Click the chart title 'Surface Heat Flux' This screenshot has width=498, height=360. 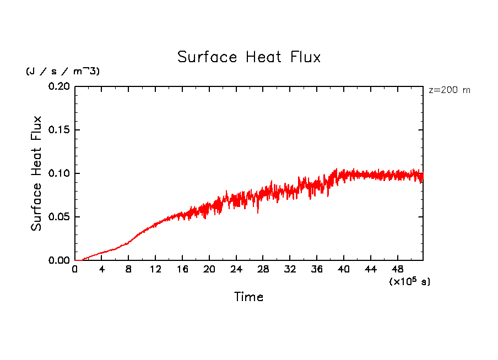tap(248, 57)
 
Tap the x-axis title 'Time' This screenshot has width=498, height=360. tap(248, 297)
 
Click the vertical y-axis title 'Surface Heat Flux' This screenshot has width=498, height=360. tap(36, 173)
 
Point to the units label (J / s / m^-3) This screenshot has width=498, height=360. tap(63, 72)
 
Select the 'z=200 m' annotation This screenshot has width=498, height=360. tap(450, 90)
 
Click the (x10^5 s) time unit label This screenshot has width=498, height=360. tap(409, 281)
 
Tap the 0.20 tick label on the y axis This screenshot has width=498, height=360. tap(59, 86)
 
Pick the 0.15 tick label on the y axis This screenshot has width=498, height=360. tap(59, 130)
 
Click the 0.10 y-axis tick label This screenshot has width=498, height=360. tap(59, 173)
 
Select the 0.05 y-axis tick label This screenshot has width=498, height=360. tap(59, 217)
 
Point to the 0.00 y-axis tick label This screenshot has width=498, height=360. tap(59, 260)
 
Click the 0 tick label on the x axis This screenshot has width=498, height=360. tap(75, 270)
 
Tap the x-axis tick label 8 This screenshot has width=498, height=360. tap(129, 270)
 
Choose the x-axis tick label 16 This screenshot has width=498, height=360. tap(182, 270)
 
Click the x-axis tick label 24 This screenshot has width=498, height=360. tap(236, 270)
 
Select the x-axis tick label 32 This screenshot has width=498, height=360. tap(290, 270)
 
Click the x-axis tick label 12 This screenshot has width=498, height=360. tap(155, 270)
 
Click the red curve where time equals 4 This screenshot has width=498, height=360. tap(102, 253)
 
